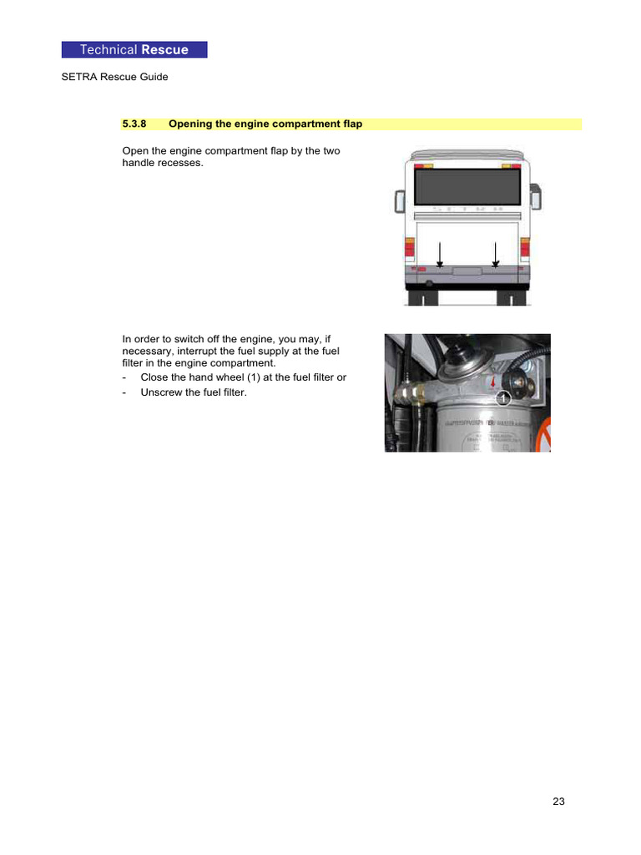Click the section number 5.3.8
point(134,124)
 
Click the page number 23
point(558,802)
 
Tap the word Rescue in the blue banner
point(164,50)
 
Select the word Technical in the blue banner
point(109,50)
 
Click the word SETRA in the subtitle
point(78,78)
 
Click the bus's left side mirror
point(399,200)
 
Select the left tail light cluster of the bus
point(409,248)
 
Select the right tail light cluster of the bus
point(525,248)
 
